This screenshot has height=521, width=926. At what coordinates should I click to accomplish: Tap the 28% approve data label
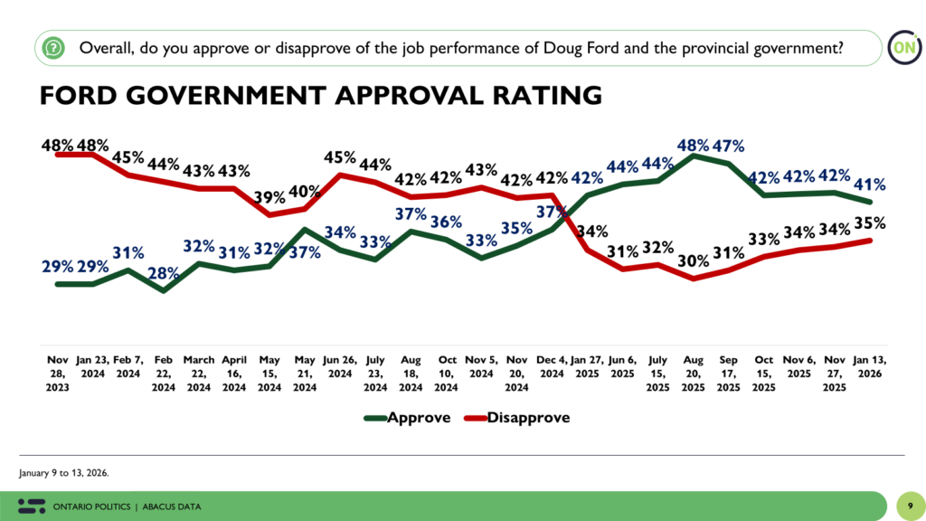(x=163, y=274)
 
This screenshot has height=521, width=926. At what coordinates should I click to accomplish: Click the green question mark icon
(x=54, y=47)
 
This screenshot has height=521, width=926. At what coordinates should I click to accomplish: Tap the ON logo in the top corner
(x=901, y=47)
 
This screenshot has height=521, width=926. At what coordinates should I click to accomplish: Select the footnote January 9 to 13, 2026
(x=65, y=472)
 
